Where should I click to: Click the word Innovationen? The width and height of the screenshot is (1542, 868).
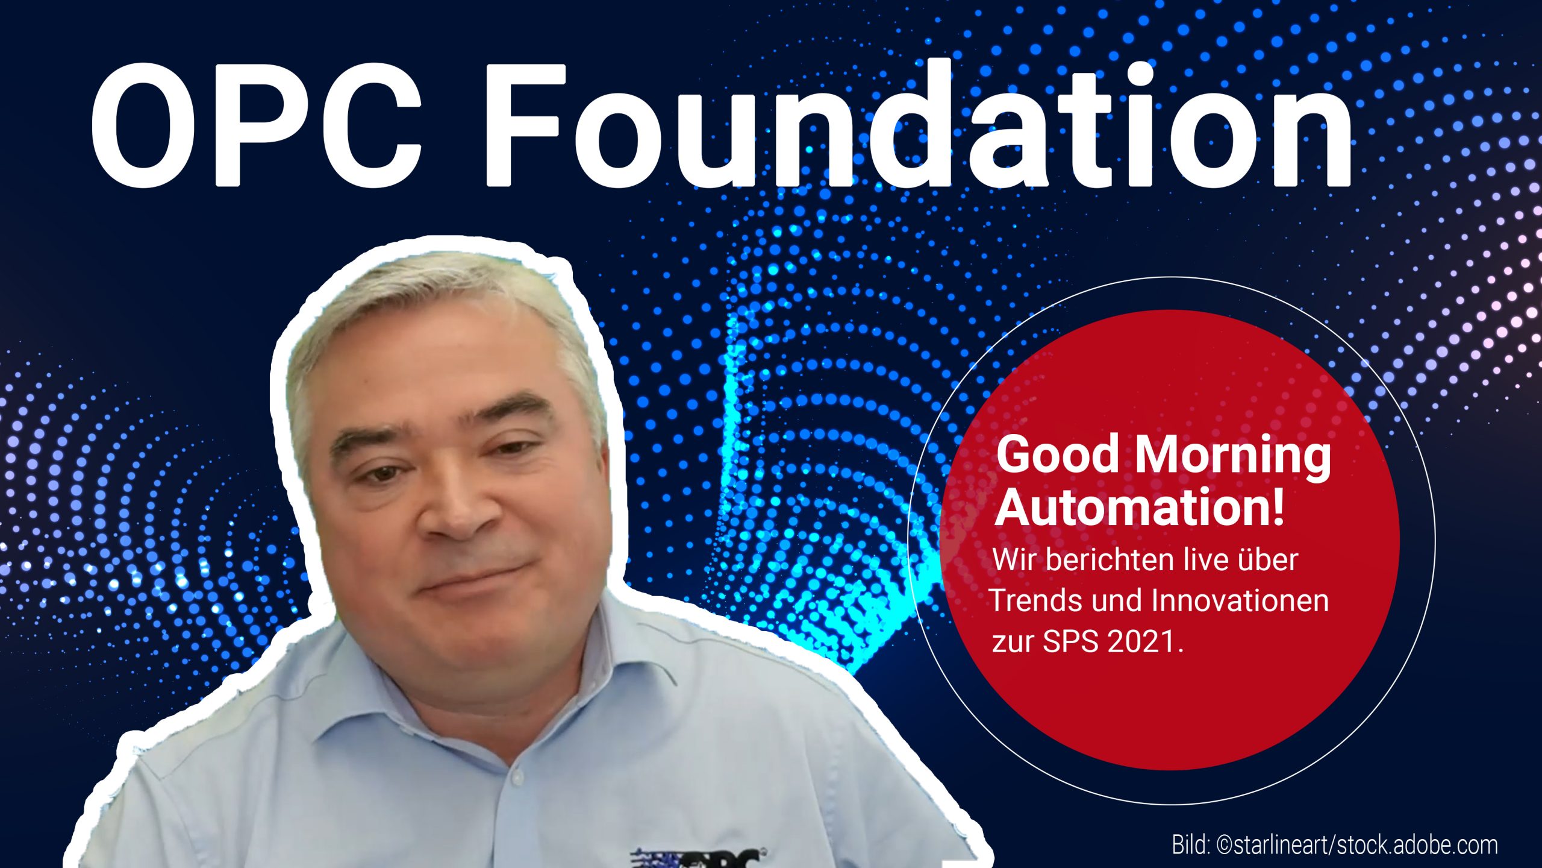coord(1240,600)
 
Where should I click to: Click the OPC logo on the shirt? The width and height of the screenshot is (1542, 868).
coord(699,857)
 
